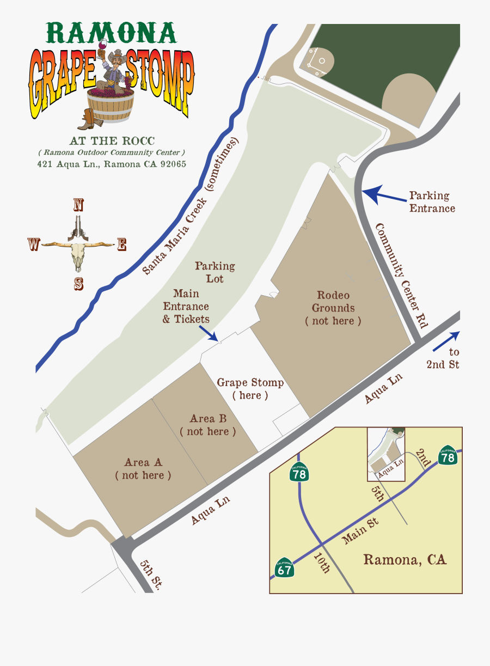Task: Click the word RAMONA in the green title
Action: [112, 33]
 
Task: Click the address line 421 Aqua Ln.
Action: [112, 164]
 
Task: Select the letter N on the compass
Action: [78, 205]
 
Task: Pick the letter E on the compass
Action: [122, 245]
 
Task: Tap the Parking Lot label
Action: [215, 272]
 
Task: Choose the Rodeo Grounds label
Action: [333, 308]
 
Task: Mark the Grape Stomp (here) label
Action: [250, 389]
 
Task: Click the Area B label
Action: [208, 425]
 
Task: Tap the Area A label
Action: [143, 469]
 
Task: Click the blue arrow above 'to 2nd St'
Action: [446, 341]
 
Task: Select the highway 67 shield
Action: [285, 568]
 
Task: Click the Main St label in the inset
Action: [360, 531]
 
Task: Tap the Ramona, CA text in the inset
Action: [405, 559]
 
